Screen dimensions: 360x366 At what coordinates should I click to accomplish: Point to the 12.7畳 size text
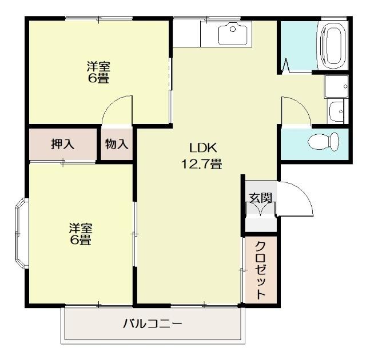pyautogui.click(x=201, y=165)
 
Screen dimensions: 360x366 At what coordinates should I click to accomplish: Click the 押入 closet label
pyautogui.click(x=62, y=144)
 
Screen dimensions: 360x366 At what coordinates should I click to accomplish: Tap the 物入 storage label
pyautogui.click(x=117, y=144)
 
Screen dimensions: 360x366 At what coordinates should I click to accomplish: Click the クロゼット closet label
pyautogui.click(x=260, y=270)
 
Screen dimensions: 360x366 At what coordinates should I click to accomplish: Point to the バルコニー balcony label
pyautogui.click(x=153, y=324)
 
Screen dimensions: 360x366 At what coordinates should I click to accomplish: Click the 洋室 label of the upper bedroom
pyautogui.click(x=98, y=66)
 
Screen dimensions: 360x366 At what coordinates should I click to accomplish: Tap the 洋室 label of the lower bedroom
pyautogui.click(x=81, y=227)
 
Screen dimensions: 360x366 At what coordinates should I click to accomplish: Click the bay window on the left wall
pyautogui.click(x=20, y=233)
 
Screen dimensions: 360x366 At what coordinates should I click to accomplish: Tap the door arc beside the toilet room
pyautogui.click(x=296, y=110)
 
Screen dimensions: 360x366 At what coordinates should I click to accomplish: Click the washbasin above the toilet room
pyautogui.click(x=336, y=109)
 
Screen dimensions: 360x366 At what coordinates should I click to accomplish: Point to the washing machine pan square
pyautogui.click(x=336, y=86)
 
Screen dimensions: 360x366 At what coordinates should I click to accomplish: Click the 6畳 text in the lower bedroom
pyautogui.click(x=81, y=241)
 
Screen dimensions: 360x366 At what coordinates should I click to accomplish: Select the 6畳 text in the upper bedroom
pyautogui.click(x=98, y=79)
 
